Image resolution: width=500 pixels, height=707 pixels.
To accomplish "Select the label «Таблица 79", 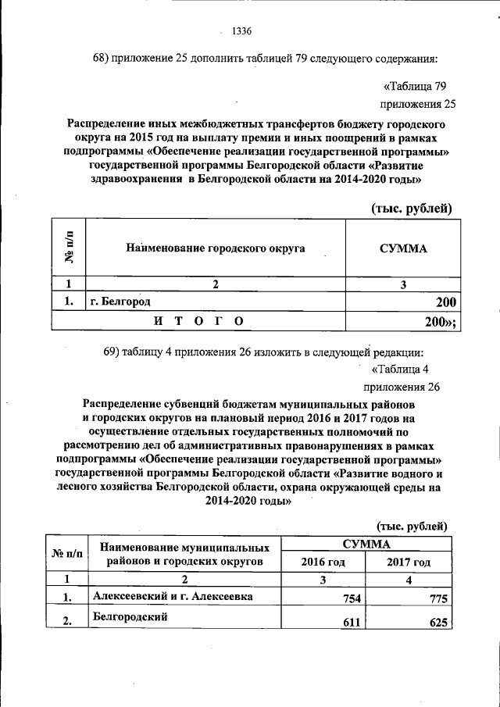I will pos(415,86).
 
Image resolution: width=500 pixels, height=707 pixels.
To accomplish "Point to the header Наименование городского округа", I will pos(215,248).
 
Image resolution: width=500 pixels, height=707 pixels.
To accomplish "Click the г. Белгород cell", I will pos(120,301).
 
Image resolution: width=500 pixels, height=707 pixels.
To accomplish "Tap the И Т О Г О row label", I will pos(198,320).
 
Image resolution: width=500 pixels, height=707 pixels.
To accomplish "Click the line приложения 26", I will pos(402,387).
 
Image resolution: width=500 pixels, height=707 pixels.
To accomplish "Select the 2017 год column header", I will pos(408,562).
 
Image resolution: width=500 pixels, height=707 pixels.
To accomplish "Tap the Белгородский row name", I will pos(129,616).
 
